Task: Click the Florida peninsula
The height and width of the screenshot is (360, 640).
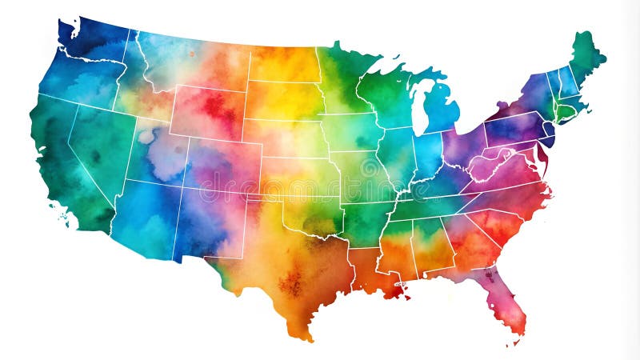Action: click(506, 300)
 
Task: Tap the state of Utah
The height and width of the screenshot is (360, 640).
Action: click(156, 156)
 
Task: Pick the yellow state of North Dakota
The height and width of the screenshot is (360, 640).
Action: click(284, 64)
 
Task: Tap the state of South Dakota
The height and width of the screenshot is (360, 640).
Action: click(284, 100)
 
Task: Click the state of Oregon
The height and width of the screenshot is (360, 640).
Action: click(76, 80)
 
